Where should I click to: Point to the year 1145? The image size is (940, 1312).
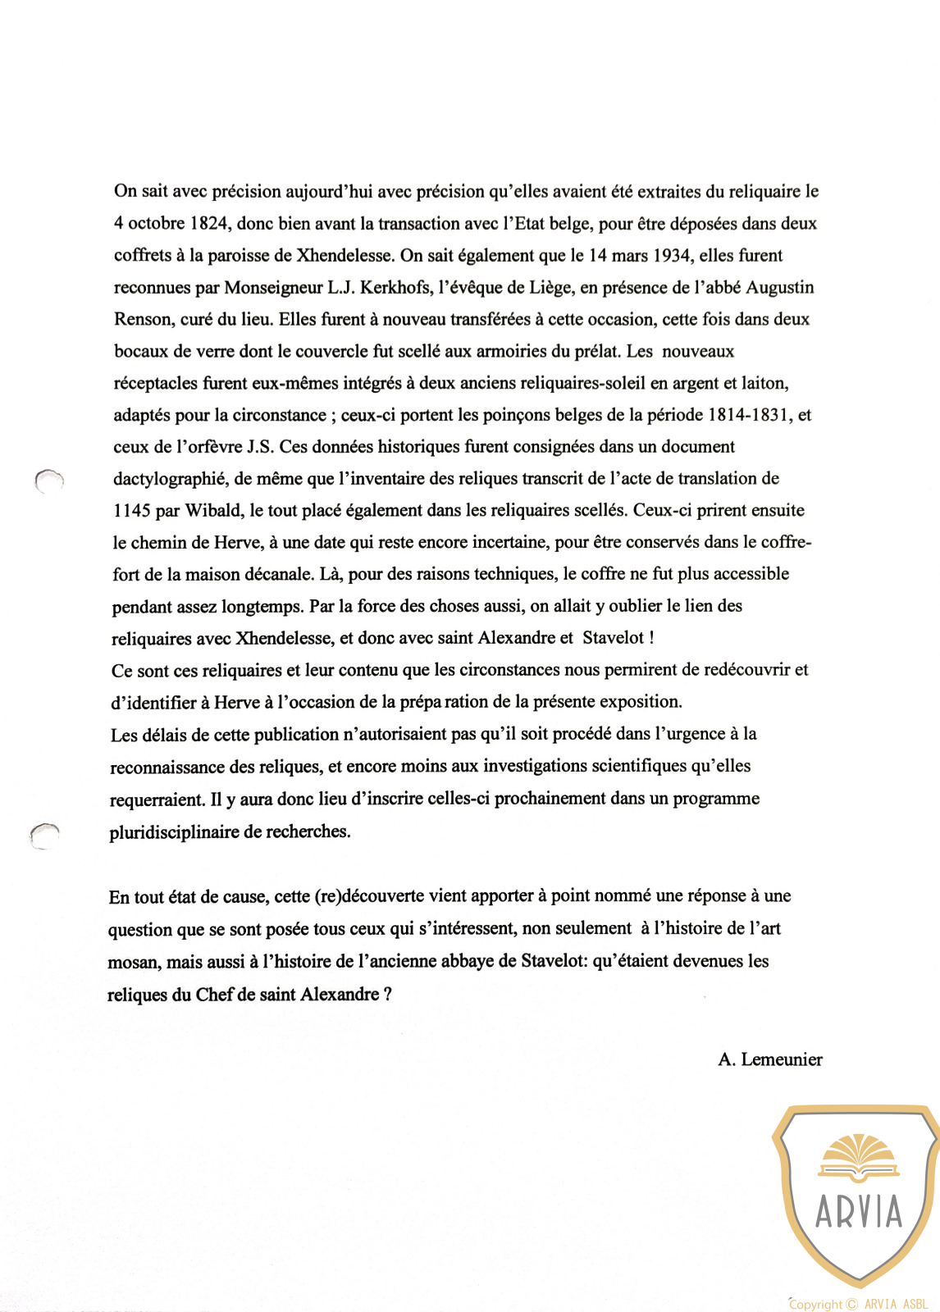(131, 511)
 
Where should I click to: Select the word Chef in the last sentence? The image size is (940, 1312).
(214, 995)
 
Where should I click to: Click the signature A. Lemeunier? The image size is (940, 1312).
(769, 1059)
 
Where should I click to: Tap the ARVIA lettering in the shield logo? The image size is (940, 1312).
(858, 1212)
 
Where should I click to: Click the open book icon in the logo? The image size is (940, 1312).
(859, 1159)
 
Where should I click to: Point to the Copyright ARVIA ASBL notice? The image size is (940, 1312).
(858, 1304)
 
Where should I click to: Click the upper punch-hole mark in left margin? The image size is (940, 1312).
(49, 481)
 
